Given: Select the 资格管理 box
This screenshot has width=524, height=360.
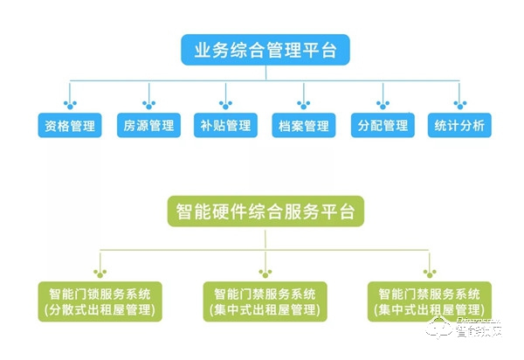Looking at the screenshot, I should [x=68, y=125].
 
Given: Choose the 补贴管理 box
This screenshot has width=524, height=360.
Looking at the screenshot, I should [x=225, y=125].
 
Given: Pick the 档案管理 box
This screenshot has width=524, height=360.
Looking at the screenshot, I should [x=302, y=125].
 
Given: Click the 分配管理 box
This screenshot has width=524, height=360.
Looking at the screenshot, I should [x=381, y=125].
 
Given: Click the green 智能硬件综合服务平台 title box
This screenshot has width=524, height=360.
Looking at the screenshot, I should [x=265, y=211].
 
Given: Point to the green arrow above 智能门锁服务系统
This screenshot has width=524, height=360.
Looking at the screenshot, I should [x=99, y=265].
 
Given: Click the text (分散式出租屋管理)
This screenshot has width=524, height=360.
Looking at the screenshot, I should [x=99, y=309].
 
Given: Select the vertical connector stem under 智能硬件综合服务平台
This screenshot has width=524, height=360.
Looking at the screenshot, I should [x=265, y=238].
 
